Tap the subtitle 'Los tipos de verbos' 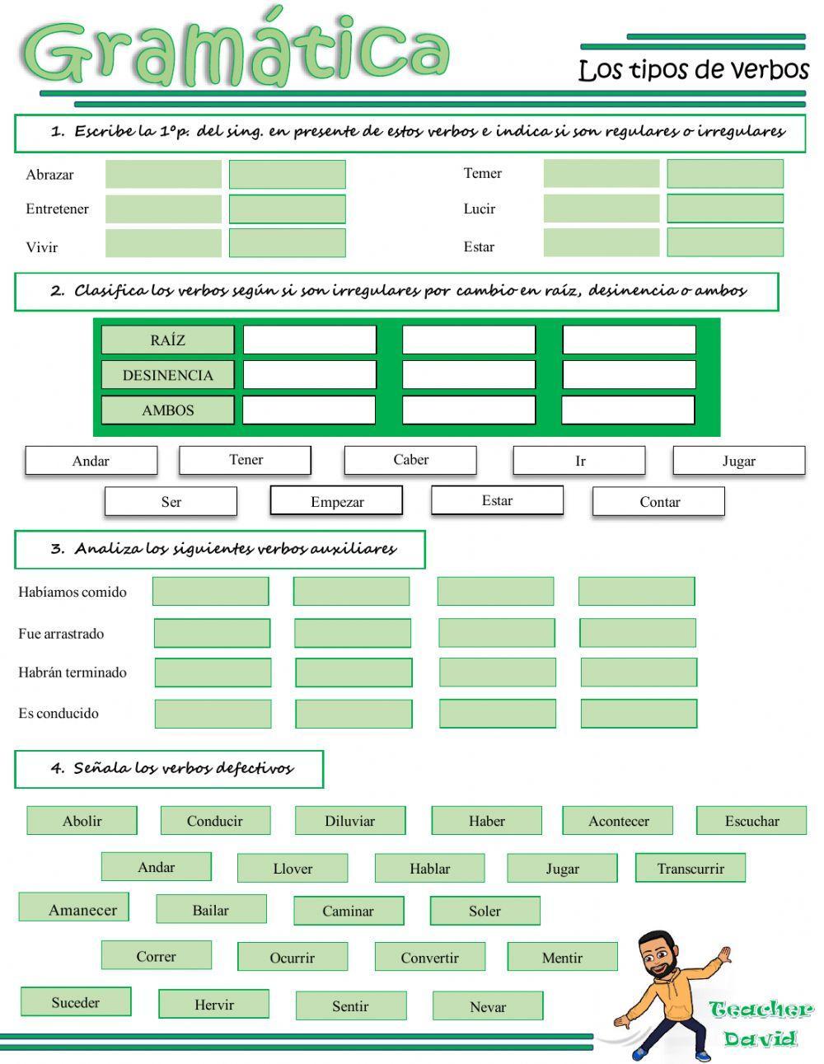tap(694, 70)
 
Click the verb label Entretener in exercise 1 tap(57, 209)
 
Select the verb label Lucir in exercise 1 tap(479, 209)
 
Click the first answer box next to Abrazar tap(163, 174)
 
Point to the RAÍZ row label tap(167, 340)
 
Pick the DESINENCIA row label tap(167, 375)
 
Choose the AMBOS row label tap(167, 410)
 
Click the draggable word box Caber tap(410, 460)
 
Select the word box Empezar tap(336, 501)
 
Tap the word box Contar tap(659, 501)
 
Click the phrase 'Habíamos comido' tap(73, 592)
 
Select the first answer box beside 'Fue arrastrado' tap(212, 633)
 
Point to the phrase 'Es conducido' tap(59, 713)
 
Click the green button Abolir tap(82, 821)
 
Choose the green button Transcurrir tap(691, 868)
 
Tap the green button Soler tap(485, 911)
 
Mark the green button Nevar tap(488, 1006)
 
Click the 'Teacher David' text tap(760, 1024)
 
